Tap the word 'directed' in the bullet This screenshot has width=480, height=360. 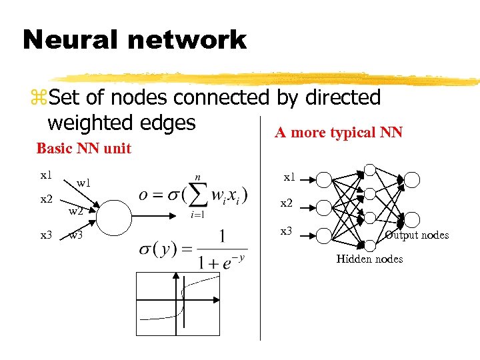click(x=342, y=97)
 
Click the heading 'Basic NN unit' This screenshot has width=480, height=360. click(x=83, y=148)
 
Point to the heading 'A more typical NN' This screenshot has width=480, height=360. click(x=339, y=132)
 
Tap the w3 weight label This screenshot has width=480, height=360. click(x=76, y=235)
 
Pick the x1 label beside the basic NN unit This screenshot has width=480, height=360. click(x=45, y=175)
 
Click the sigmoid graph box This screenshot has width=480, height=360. click(x=177, y=305)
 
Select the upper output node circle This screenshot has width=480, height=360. click(x=413, y=179)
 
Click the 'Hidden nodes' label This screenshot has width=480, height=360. click(x=369, y=259)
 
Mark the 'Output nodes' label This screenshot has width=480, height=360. click(x=417, y=235)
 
